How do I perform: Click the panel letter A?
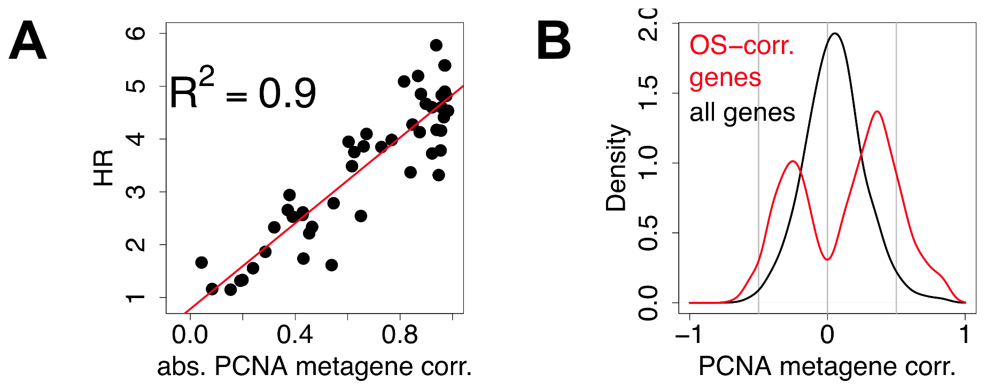point(28,42)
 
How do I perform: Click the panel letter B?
point(554,42)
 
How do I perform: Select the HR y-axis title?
point(104,168)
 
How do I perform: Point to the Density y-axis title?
point(616,168)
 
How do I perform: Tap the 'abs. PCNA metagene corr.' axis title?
point(314,366)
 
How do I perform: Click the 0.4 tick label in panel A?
point(294,335)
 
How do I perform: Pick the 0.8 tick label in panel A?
point(400,335)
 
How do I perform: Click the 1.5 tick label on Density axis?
point(649,93)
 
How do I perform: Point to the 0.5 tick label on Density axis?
point(649,233)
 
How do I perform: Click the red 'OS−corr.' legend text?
point(742,46)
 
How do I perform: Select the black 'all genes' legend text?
point(742,113)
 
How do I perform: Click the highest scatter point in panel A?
point(436,45)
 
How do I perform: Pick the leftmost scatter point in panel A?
point(201,262)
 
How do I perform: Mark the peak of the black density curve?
point(835,34)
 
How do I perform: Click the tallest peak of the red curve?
point(878,112)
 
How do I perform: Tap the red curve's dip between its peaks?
point(827,259)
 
